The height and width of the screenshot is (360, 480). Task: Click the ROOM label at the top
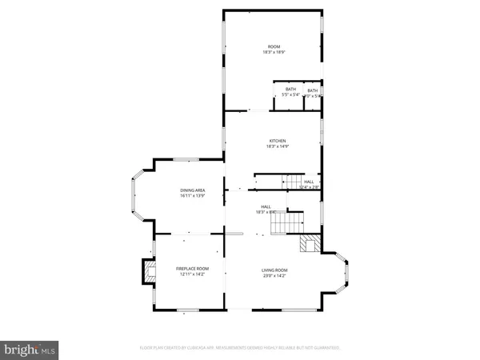coord(274,46)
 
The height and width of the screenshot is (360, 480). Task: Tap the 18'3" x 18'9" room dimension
coord(274,52)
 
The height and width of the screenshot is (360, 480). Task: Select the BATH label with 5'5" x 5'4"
coord(290,90)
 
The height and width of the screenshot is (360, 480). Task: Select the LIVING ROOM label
coord(274,270)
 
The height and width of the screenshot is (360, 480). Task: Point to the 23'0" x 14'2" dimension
coord(274,276)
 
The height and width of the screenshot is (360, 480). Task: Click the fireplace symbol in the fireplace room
coord(149,271)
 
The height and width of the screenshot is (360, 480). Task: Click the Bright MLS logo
coord(30,349)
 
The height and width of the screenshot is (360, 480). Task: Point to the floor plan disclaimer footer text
coord(240,348)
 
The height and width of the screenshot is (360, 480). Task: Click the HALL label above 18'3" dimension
coord(265,206)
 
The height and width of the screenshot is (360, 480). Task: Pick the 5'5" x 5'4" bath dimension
coord(290,95)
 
